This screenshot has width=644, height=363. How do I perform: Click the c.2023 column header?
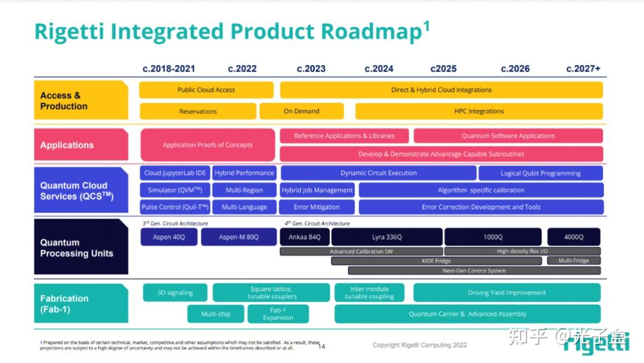(x=311, y=69)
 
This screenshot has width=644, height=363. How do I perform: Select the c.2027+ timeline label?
(x=583, y=69)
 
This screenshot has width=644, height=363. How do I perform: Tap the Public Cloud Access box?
(x=206, y=90)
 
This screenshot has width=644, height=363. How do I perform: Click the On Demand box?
(x=301, y=111)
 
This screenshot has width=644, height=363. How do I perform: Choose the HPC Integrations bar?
(x=479, y=111)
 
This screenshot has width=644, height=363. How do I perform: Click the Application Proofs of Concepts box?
(x=208, y=145)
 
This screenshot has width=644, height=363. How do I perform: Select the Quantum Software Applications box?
(x=508, y=136)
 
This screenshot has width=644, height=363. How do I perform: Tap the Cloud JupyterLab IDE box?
(x=175, y=173)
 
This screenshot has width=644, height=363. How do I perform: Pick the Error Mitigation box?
(x=317, y=207)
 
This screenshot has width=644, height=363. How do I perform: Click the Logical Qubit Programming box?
(x=540, y=173)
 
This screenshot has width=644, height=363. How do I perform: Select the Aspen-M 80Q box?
(x=239, y=237)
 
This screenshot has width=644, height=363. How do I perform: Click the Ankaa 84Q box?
(x=304, y=237)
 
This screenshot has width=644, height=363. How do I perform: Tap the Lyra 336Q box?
(x=386, y=237)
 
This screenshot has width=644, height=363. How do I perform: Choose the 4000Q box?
(x=574, y=237)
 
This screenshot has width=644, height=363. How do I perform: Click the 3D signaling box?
(x=175, y=293)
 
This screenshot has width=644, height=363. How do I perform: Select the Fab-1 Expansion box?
(x=278, y=314)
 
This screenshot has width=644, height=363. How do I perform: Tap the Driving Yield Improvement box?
(x=507, y=293)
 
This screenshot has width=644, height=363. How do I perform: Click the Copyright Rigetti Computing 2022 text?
(x=420, y=345)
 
